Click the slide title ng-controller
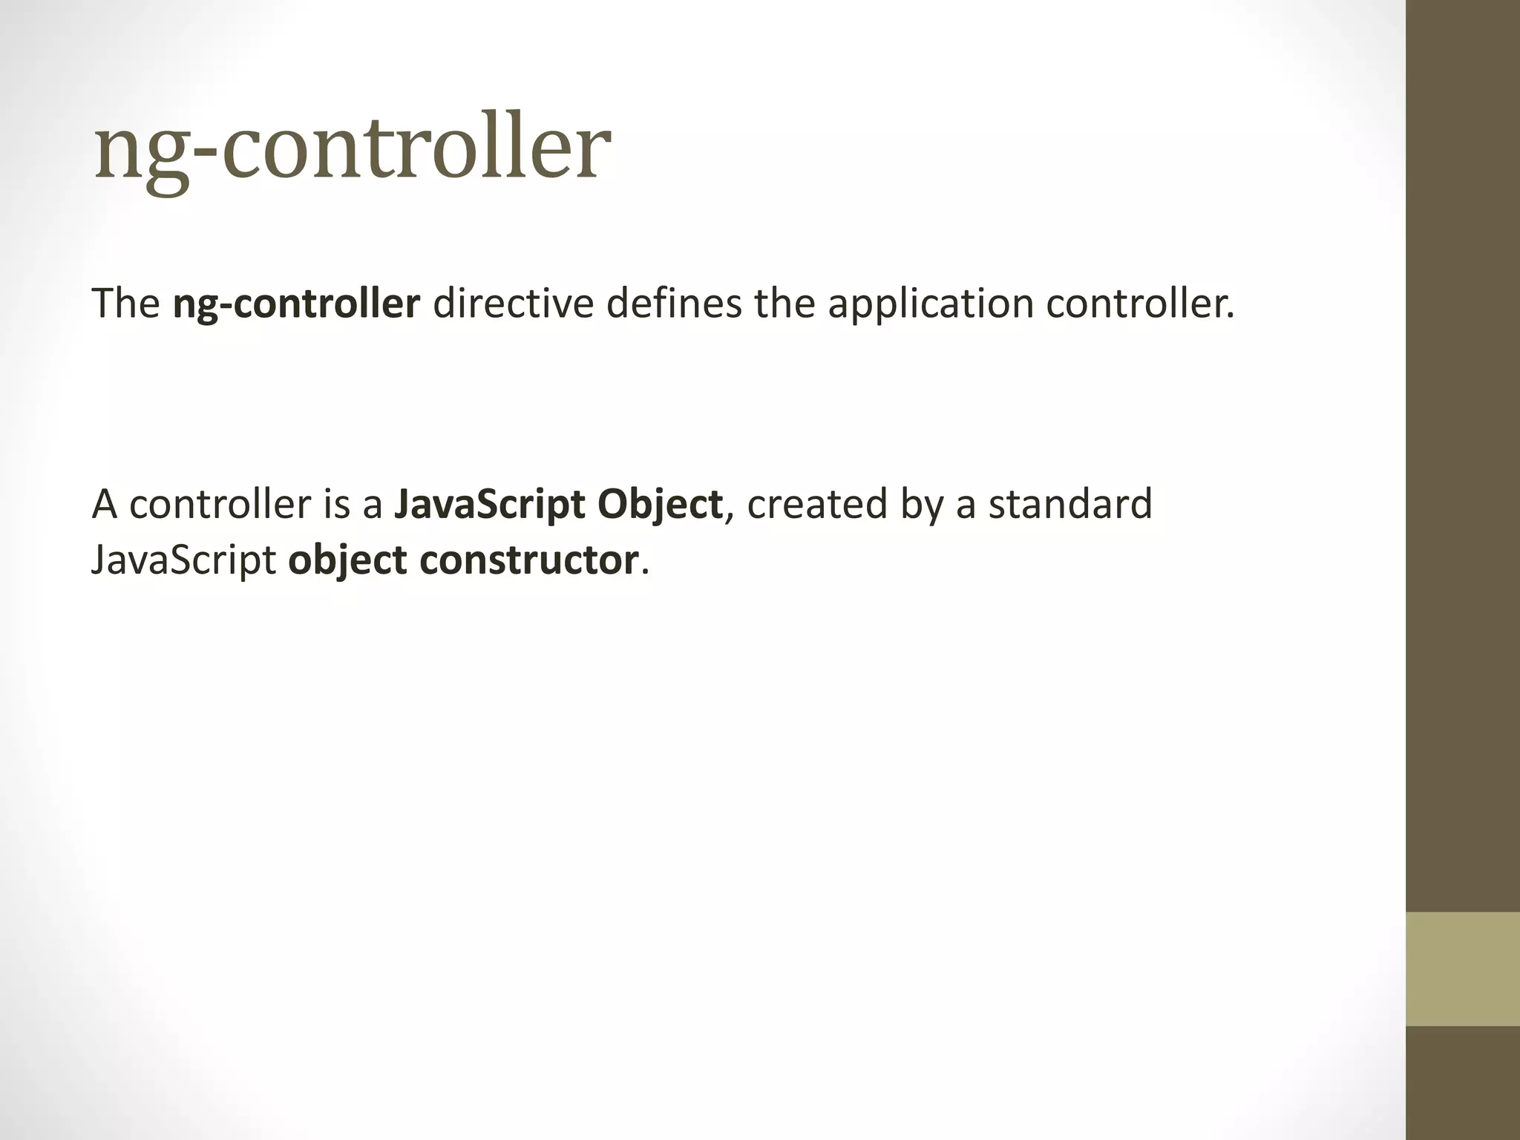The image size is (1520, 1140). [x=353, y=148]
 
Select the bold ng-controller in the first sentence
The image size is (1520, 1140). [x=296, y=304]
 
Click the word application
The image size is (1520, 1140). [x=931, y=305]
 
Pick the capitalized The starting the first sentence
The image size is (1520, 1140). [x=125, y=304]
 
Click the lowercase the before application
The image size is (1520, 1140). [x=785, y=304]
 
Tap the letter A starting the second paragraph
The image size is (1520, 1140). [x=105, y=504]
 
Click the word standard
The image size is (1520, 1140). [x=1070, y=504]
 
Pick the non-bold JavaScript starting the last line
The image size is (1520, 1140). [x=183, y=561]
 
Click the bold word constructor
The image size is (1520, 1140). [x=528, y=560]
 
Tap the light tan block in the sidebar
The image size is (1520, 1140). [x=1463, y=969]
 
